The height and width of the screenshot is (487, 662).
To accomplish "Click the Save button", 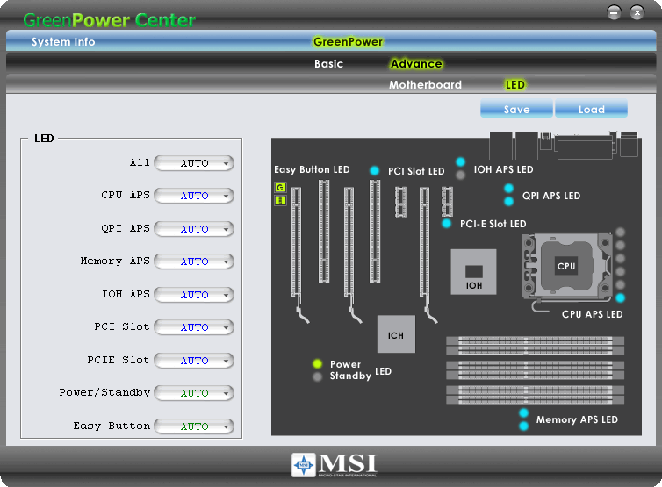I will [516, 109].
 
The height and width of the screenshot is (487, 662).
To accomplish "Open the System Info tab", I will [63, 41].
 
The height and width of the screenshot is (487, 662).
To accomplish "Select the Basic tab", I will [328, 63].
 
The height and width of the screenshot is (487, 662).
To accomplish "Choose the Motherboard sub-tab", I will [425, 85].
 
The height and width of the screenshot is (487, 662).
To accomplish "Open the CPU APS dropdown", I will [194, 196].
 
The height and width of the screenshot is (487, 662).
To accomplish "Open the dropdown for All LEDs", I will [194, 163].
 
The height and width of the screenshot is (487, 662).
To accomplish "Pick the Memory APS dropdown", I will [194, 261].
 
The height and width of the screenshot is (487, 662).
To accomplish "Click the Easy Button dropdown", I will [194, 426].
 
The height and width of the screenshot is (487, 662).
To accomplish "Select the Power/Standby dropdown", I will [194, 393].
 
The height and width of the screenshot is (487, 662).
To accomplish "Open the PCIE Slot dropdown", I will [194, 361].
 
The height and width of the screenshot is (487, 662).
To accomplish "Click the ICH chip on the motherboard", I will [396, 334].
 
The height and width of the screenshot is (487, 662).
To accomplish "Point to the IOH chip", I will [473, 272].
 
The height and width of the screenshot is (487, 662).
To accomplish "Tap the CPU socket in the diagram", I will [566, 265].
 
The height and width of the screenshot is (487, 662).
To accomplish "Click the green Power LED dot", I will [318, 364].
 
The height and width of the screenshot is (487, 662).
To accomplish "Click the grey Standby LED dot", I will [318, 377].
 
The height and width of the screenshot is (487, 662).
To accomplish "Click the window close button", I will [637, 11].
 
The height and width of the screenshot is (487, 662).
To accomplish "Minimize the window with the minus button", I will [614, 11].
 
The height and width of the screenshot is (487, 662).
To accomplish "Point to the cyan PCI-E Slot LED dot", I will [447, 224].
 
